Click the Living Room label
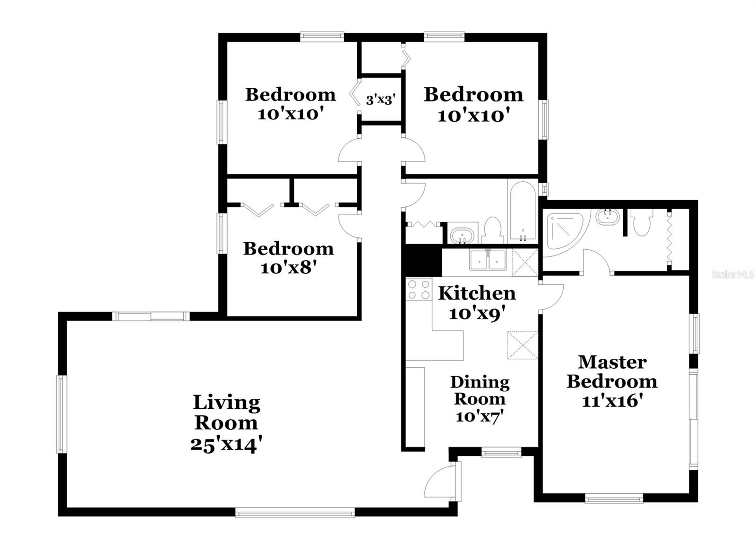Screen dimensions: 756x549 [226, 413]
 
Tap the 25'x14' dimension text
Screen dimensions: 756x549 [226, 444]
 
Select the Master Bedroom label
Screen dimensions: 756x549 [612, 372]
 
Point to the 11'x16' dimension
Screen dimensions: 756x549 [612, 401]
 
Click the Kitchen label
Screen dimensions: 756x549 [477, 293]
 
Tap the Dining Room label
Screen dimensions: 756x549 [480, 390]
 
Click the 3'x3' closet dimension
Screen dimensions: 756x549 [380, 100]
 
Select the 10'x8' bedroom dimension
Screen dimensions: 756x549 [288, 268]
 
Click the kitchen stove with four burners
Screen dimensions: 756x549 [419, 289]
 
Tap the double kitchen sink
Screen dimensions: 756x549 [488, 260]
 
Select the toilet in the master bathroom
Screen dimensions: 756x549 [642, 222]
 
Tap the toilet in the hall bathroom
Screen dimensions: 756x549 [492, 230]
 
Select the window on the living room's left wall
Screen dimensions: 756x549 [61, 414]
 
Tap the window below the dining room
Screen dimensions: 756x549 [501, 453]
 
